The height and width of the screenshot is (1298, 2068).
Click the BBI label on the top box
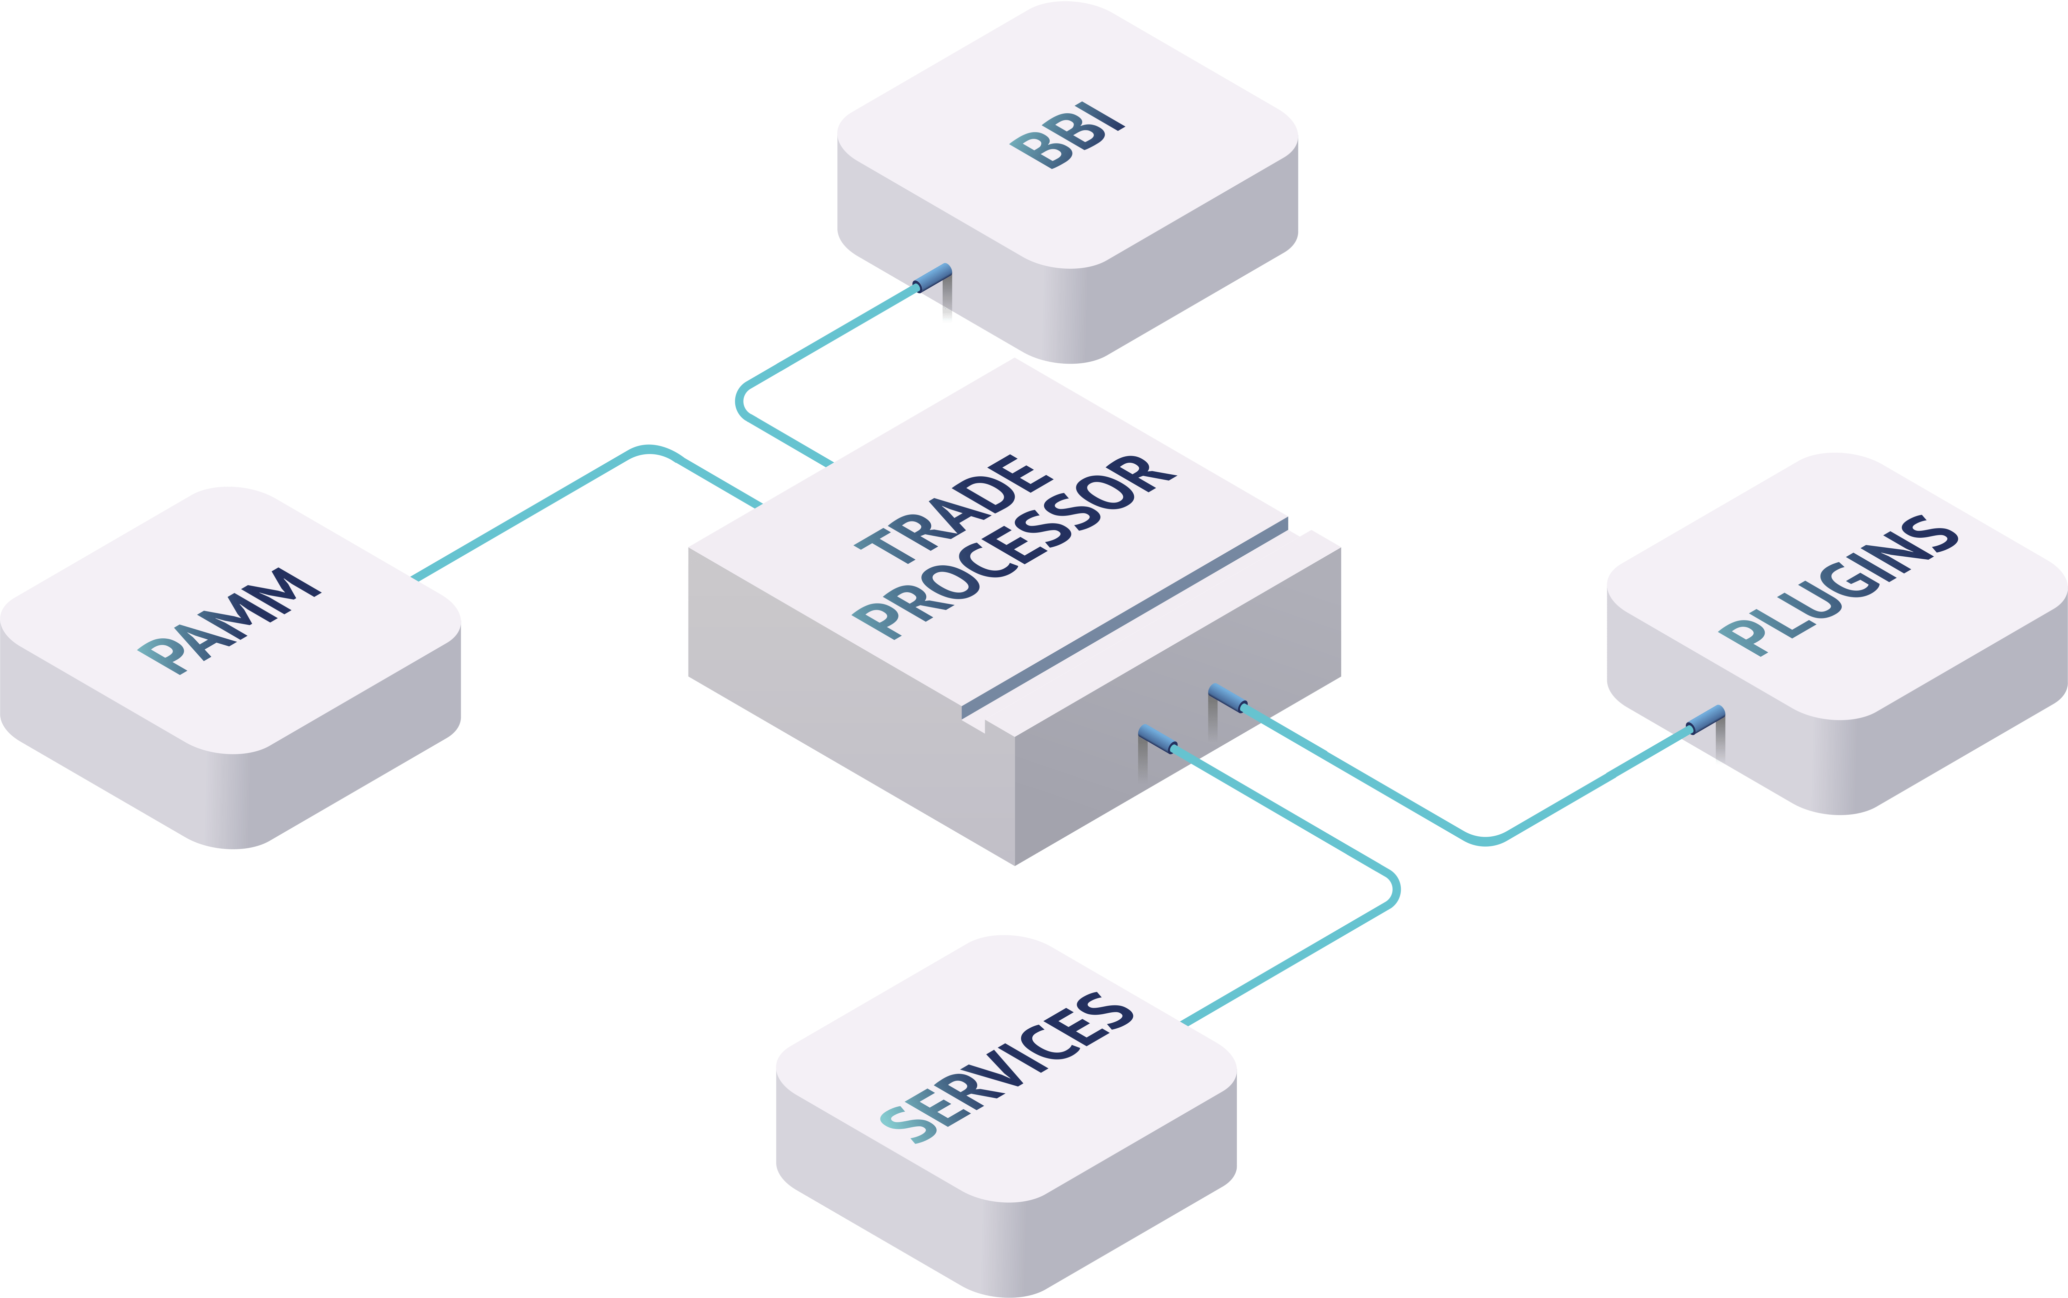[1067, 135]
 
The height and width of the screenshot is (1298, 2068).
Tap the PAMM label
[229, 621]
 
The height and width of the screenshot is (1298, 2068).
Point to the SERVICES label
[1006, 1068]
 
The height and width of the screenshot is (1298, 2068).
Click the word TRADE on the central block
[953, 509]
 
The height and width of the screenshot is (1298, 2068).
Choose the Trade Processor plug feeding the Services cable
[1158, 739]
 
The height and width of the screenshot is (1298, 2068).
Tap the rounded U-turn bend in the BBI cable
[740, 401]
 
